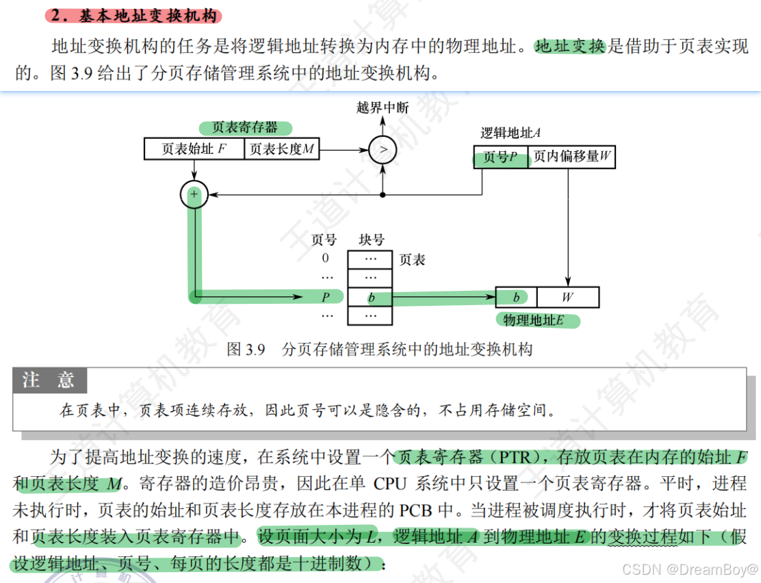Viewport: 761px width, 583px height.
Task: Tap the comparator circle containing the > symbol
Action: [x=383, y=148]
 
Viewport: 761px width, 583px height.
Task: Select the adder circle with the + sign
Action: [x=194, y=196]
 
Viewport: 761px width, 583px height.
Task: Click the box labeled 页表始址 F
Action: [x=194, y=149]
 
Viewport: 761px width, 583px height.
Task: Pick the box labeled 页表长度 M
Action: [x=282, y=149]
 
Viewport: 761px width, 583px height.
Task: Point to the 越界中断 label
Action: [x=383, y=107]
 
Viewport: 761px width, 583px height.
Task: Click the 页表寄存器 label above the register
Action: [x=245, y=128]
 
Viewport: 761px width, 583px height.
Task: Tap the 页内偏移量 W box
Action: [x=572, y=158]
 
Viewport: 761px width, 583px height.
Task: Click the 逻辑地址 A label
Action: [x=511, y=133]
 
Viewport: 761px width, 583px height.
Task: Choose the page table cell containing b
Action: [x=370, y=298]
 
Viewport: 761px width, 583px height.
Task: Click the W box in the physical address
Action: [x=567, y=298]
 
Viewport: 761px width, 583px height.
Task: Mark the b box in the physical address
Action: [x=516, y=298]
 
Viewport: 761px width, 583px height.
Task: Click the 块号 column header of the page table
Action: [x=372, y=240]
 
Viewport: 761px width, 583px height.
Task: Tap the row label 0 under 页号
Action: [x=325, y=259]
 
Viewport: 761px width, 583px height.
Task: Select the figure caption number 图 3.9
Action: [x=246, y=350]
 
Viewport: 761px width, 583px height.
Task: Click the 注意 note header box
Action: [x=49, y=380]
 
